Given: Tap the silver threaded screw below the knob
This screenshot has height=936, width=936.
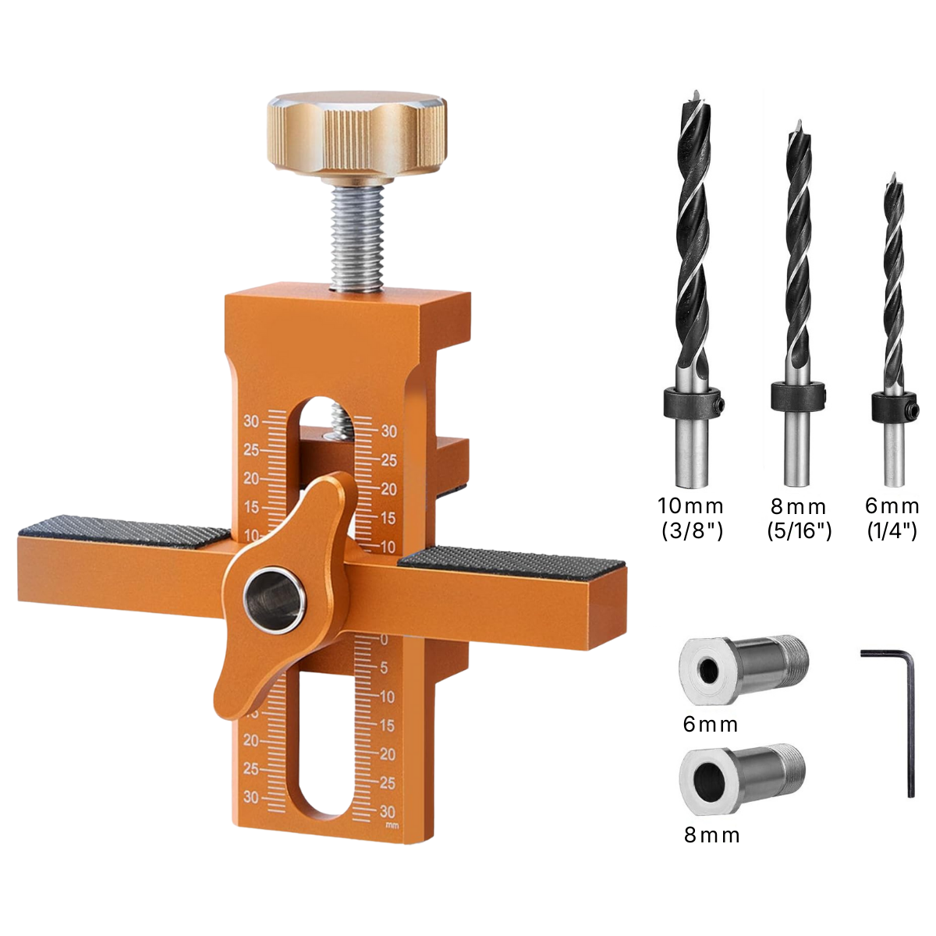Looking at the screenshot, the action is pos(359,239).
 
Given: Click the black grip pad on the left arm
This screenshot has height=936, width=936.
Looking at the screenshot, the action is pos(124,532).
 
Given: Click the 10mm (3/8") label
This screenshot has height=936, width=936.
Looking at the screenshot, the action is pos(691,519).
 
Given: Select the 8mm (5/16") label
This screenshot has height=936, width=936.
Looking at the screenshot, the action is pos(799,519).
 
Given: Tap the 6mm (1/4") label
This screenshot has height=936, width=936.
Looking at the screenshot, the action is pos(892,519).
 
